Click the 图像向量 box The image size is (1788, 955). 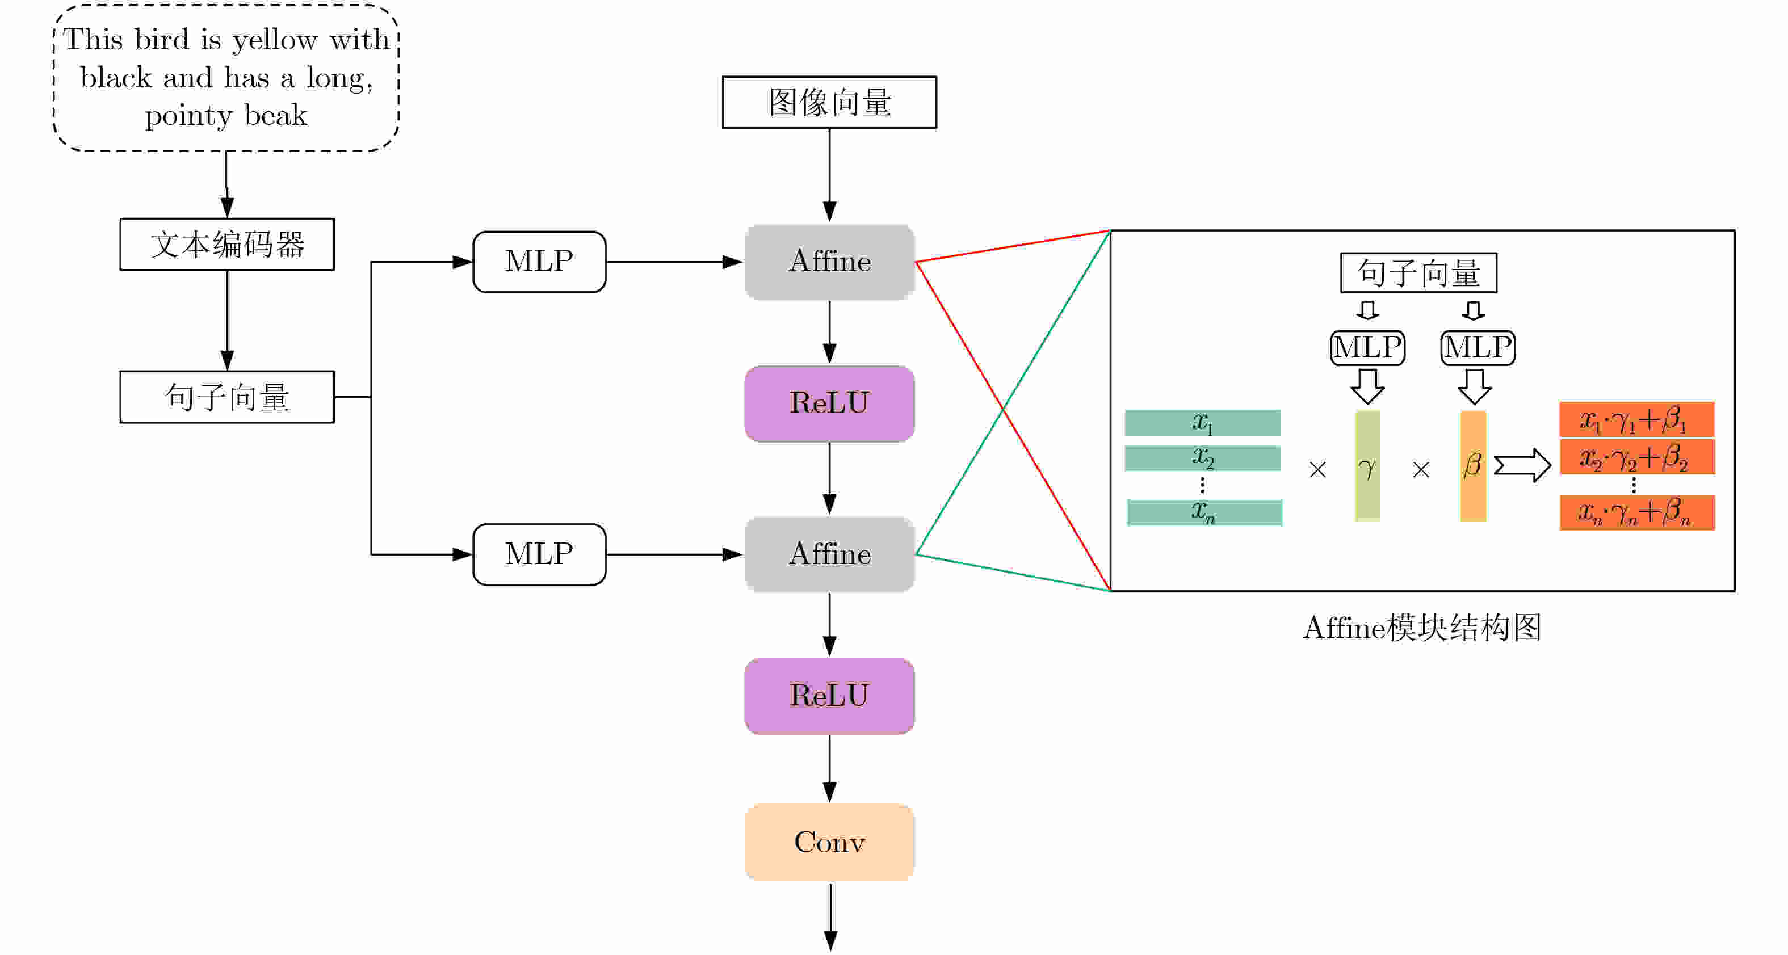tap(829, 102)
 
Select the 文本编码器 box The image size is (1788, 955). tap(227, 245)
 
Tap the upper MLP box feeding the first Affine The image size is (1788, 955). tap(539, 262)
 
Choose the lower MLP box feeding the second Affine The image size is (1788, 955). tap(539, 554)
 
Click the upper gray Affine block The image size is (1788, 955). tap(829, 262)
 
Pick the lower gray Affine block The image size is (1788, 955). tap(829, 554)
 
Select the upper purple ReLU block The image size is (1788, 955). tap(829, 403)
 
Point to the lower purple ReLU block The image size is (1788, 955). tap(829, 696)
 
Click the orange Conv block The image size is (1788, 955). tap(829, 842)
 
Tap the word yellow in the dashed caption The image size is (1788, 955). tap(275, 40)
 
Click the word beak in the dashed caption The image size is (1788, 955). tap(275, 115)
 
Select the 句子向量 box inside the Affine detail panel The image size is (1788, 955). tap(1418, 273)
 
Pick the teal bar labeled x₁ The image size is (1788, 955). tap(1202, 423)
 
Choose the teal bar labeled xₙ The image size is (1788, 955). tap(1204, 513)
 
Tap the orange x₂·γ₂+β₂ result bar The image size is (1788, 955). tap(1636, 457)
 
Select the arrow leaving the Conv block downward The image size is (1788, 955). tap(830, 916)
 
